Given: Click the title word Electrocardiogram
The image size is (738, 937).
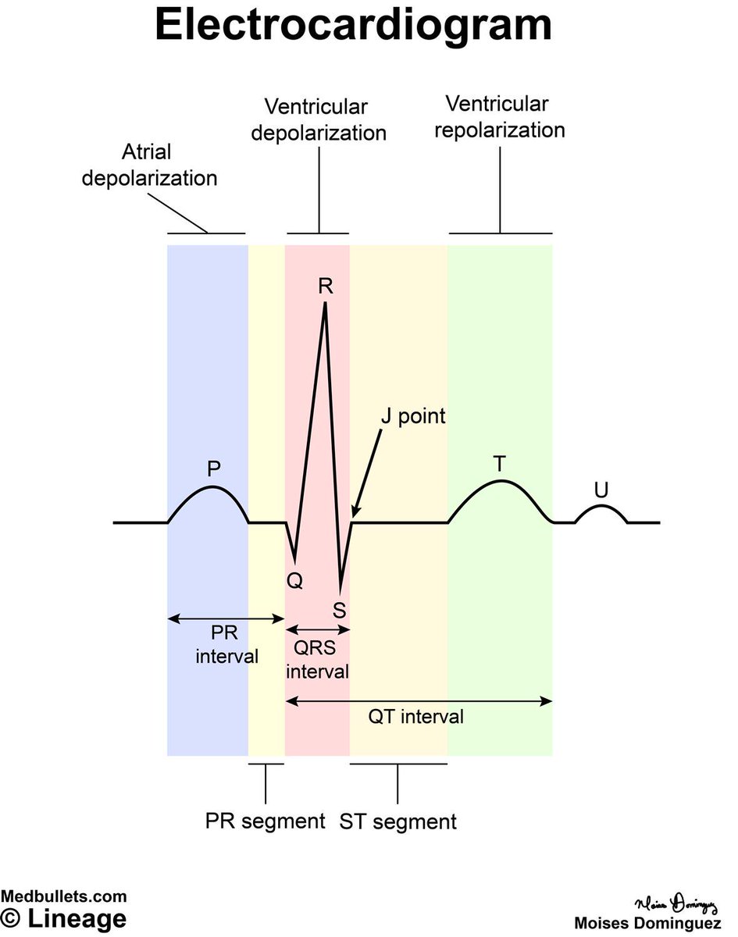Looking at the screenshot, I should (x=353, y=27).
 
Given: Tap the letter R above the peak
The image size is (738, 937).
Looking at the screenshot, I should (x=326, y=286).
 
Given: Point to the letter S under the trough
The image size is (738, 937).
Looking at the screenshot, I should (x=340, y=609).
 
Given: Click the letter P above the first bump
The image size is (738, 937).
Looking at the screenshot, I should (x=213, y=468).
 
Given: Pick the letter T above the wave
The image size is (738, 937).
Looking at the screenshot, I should (x=499, y=464).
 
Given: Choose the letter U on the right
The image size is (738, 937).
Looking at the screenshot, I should (x=601, y=490).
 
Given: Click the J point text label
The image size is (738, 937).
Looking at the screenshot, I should (x=412, y=415).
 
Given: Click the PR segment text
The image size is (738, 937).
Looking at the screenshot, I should (x=265, y=821).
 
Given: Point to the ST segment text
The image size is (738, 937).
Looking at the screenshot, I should (x=398, y=821).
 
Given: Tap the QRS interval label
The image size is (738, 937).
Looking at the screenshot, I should (x=316, y=660).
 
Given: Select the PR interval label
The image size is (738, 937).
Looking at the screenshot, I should (x=226, y=645).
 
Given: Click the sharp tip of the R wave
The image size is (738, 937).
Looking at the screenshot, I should (x=325, y=303).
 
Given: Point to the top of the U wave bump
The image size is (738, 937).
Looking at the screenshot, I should (x=601, y=507).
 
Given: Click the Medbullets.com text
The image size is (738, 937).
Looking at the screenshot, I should (x=63, y=896).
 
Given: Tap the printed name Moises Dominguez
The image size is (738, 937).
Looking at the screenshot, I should (x=647, y=922).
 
